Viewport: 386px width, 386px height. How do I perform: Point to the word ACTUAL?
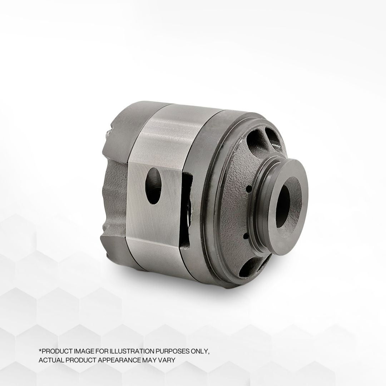coord(50,360)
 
